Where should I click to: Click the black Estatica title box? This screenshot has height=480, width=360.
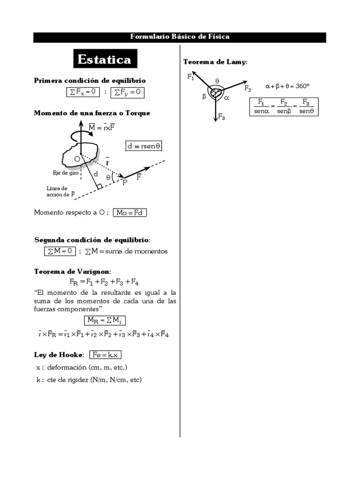click(104, 60)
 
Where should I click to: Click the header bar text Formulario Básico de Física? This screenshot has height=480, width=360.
click(180, 37)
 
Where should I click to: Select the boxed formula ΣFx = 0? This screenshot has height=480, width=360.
click(82, 92)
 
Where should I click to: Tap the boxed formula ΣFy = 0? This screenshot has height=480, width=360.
click(127, 92)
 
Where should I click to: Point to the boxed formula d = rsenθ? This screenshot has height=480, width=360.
click(144, 146)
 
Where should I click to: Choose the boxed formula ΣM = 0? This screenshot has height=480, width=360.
click(60, 251)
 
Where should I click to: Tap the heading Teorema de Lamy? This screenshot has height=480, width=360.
click(215, 62)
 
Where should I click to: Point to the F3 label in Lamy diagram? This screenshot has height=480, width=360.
click(222, 118)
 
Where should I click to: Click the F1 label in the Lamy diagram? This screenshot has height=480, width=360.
click(191, 77)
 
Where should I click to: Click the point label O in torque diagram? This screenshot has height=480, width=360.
click(77, 159)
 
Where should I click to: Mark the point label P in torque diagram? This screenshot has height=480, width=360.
click(125, 182)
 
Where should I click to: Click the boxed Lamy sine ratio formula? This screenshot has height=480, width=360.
click(284, 106)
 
